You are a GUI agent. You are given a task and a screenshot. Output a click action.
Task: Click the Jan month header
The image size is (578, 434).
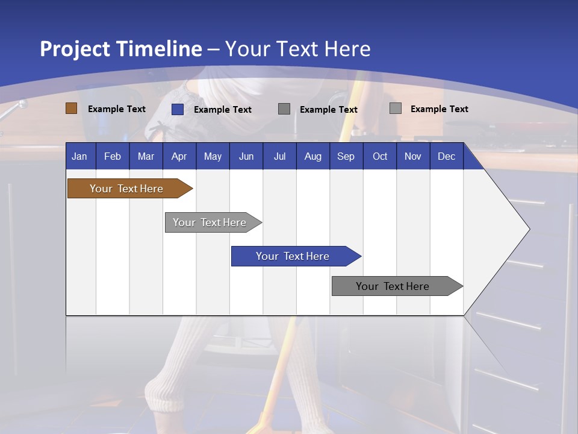tap(79, 156)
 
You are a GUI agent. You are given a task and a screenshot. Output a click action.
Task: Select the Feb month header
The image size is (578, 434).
tap(113, 156)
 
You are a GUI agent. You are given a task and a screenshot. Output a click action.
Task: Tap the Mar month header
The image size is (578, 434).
tap(146, 156)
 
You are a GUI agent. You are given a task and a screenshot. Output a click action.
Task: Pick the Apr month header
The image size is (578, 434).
tap(179, 156)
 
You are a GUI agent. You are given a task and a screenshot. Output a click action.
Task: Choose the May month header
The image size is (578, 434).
tap(213, 156)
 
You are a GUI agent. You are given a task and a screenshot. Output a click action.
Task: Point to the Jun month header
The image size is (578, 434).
tap(246, 156)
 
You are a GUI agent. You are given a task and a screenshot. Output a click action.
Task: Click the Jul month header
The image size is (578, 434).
tap(279, 156)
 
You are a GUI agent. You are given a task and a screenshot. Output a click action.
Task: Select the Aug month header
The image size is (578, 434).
tap(312, 156)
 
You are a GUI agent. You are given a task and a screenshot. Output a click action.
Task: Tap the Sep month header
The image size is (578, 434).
tap(346, 156)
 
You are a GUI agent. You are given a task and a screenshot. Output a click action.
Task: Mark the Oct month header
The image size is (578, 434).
tap(380, 156)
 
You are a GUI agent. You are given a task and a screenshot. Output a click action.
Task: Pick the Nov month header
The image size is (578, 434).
tap(413, 156)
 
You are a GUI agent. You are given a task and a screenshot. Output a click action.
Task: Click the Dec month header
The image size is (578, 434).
tap(446, 156)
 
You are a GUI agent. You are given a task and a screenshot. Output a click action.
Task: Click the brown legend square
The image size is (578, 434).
tap(72, 108)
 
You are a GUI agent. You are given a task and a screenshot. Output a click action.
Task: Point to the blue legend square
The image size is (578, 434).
tap(178, 109)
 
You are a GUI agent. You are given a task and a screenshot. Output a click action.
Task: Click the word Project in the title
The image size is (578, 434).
tap(75, 49)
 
